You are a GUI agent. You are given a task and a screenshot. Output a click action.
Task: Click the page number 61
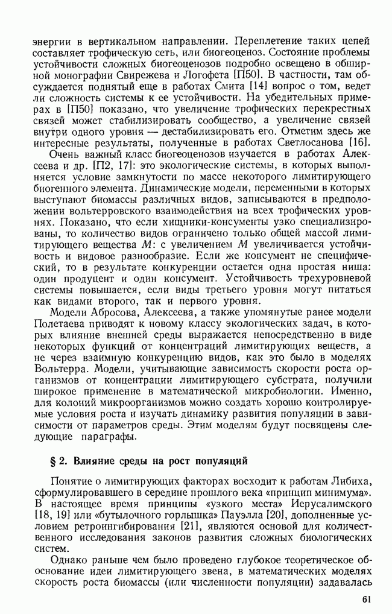pos(367,600)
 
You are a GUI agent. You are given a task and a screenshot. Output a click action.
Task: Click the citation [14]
pos(249,86)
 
